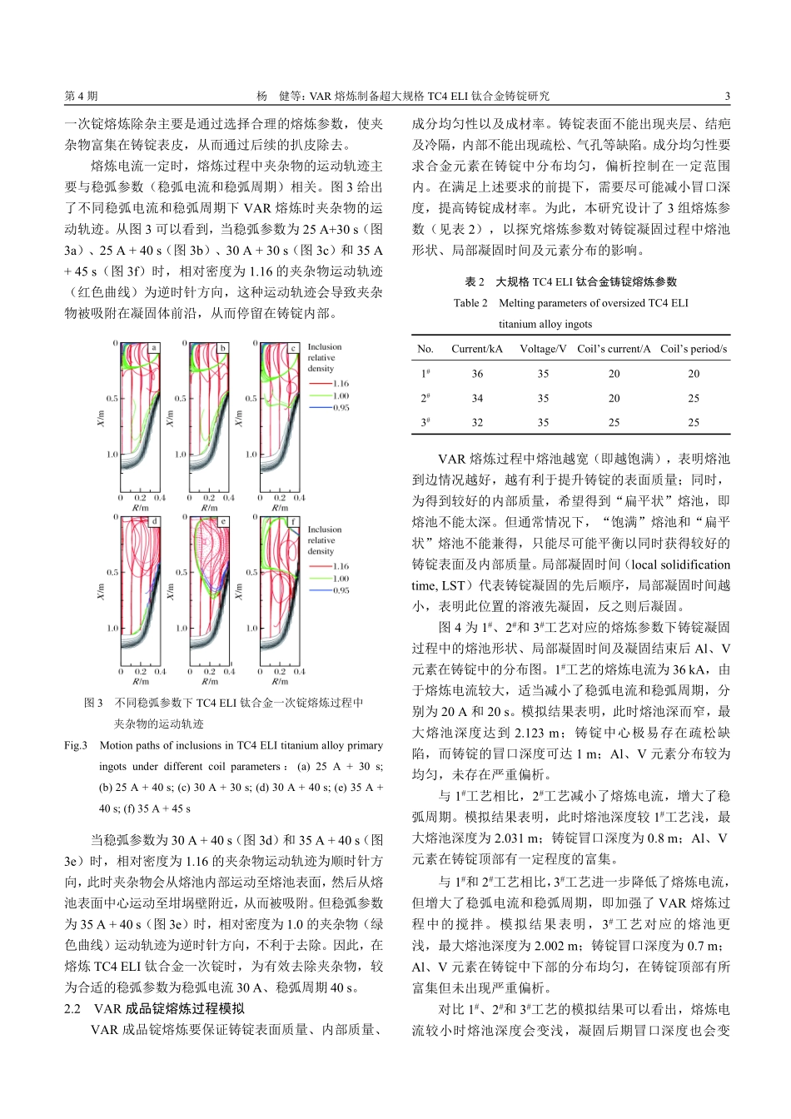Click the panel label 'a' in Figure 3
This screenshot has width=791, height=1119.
154,348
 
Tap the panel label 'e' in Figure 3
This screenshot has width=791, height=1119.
223,522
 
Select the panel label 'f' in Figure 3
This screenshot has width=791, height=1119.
293,522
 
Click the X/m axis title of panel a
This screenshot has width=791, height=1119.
101,419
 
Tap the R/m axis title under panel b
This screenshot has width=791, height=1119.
209,508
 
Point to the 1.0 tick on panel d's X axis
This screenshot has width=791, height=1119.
112,629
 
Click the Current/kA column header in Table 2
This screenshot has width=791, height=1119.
476,349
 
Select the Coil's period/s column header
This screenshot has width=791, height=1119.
694,349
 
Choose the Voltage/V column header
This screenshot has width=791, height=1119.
543,349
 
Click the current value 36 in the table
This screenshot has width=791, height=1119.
477,374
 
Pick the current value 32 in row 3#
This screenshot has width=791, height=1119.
477,422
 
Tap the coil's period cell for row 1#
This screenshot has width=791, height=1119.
694,374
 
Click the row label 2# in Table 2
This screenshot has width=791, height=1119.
425,398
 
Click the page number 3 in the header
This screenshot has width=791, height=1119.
727,96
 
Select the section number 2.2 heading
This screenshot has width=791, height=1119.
72,1008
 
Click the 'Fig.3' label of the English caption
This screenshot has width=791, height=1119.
76,745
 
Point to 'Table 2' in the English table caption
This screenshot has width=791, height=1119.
470,303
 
